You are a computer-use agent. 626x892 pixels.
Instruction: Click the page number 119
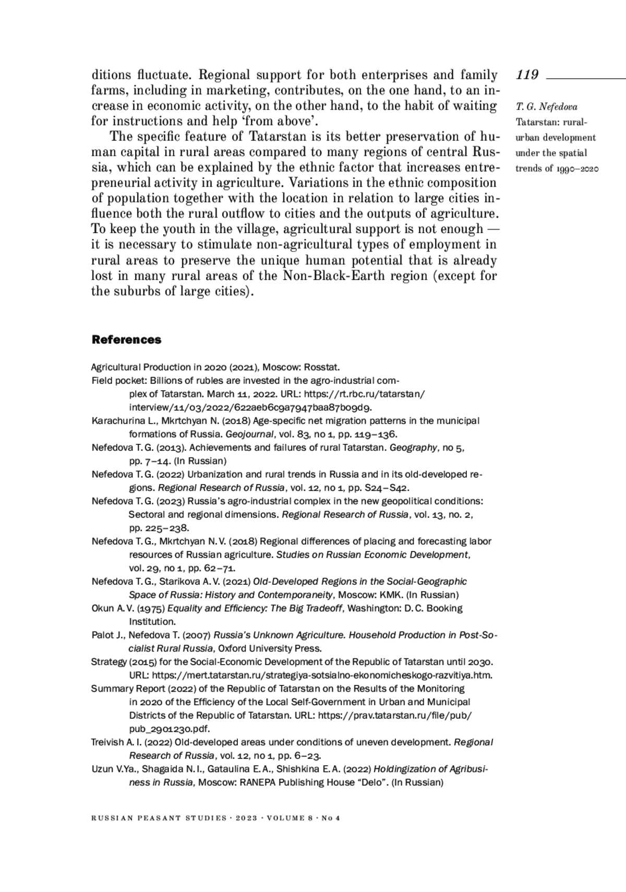coord(527,75)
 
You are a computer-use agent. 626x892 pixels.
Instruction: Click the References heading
coord(126,340)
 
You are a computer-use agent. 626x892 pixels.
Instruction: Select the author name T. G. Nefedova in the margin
coord(546,107)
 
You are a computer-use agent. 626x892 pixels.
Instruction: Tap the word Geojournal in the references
coord(247,434)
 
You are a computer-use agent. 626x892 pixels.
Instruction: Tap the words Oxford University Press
coord(269,649)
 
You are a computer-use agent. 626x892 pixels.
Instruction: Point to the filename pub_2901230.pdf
coord(170,729)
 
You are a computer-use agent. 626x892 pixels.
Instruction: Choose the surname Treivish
coord(107,742)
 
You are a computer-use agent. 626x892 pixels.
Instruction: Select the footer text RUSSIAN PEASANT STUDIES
coord(158,818)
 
